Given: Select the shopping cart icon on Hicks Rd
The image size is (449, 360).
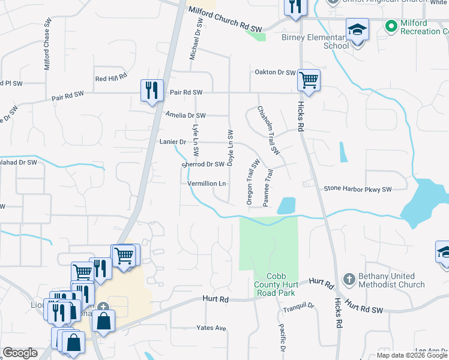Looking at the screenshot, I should pyautogui.click(x=309, y=80).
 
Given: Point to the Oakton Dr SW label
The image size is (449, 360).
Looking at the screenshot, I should pyautogui.click(x=273, y=73).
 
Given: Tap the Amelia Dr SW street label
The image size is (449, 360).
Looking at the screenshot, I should pyautogui.click(x=185, y=115).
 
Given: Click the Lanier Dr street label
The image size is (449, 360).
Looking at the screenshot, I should pyautogui.click(x=173, y=142).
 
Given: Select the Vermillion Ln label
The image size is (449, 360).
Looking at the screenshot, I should pyautogui.click(x=206, y=184).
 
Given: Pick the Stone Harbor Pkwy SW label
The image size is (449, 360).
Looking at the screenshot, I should pyautogui.click(x=357, y=189).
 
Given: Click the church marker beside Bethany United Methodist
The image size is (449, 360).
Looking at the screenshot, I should pyautogui.click(x=349, y=280).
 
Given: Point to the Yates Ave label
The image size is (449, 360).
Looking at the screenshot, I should pyautogui.click(x=211, y=328).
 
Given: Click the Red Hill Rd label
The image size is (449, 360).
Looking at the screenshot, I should pyautogui.click(x=111, y=78).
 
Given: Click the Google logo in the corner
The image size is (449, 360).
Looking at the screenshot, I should pyautogui.click(x=19, y=353).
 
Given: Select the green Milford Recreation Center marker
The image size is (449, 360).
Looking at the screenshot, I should pyautogui.click(x=391, y=26).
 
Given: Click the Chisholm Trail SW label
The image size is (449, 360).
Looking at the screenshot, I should pyautogui.click(x=269, y=130).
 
